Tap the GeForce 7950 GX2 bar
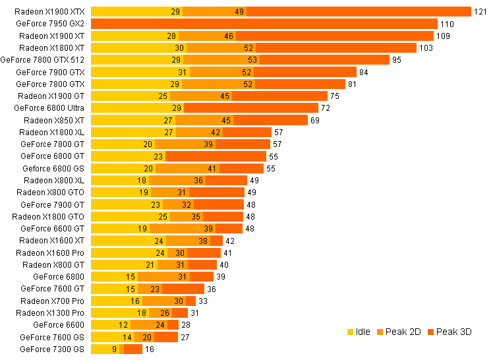(264, 24)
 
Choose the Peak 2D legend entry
(402, 332)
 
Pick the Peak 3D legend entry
(449, 332)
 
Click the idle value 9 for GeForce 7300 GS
(115, 349)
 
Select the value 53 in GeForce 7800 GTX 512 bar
(253, 59)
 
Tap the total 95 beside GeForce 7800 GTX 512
(396, 59)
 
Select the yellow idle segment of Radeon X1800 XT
(138, 47)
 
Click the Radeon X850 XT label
(54, 120)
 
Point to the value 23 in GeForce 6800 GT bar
(158, 156)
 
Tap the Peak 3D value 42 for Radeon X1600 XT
(230, 241)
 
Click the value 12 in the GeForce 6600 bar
(124, 324)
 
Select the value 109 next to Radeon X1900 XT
(443, 36)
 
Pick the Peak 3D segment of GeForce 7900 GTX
(306, 72)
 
